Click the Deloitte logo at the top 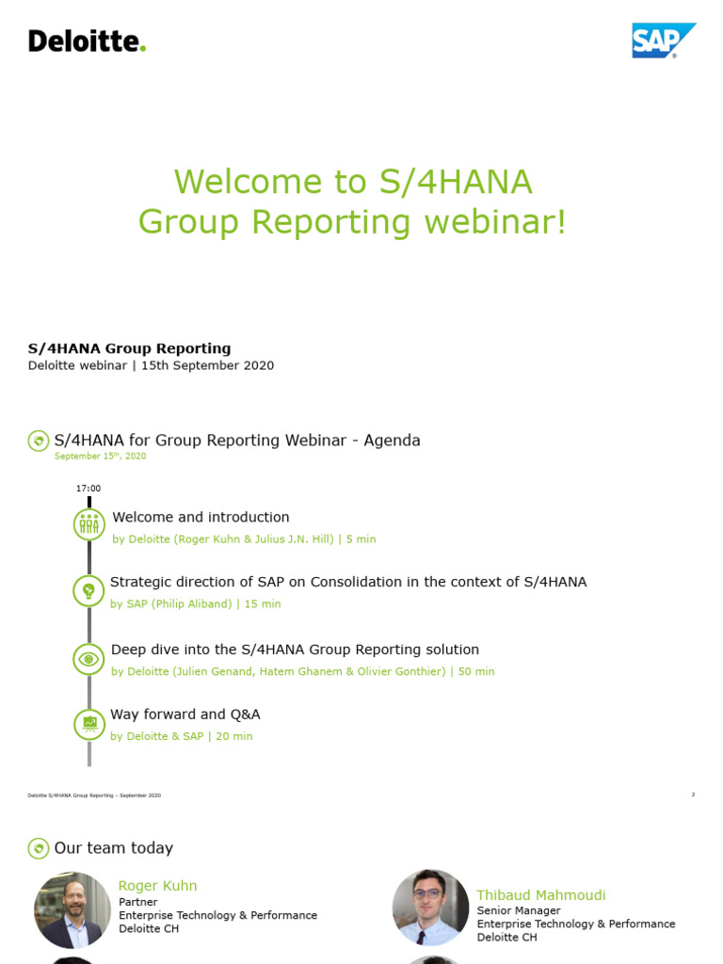[x=87, y=41]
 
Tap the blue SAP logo [x=664, y=40]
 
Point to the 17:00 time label [x=88, y=489]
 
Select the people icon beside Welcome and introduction [x=89, y=524]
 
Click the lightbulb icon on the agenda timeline [x=89, y=590]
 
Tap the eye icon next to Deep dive [x=89, y=659]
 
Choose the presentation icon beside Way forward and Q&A [x=89, y=724]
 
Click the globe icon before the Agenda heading [x=39, y=441]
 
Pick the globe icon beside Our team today [x=39, y=848]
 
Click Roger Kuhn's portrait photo [x=72, y=909]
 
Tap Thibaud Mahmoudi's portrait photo [x=430, y=908]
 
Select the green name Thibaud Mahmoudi [x=540, y=895]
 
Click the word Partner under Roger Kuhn [x=137, y=902]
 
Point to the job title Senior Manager [x=518, y=910]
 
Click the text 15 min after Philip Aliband [x=263, y=604]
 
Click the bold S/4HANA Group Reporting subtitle [x=129, y=348]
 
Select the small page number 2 [x=693, y=795]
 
